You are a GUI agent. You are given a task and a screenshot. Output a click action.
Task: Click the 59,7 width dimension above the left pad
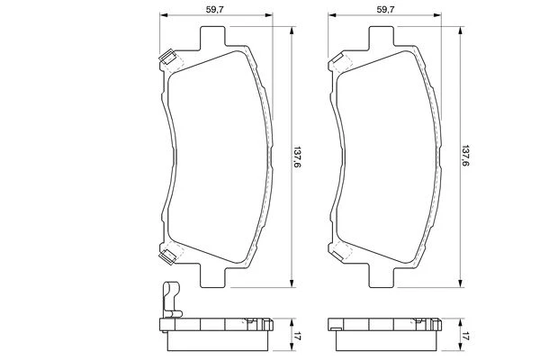[215, 9]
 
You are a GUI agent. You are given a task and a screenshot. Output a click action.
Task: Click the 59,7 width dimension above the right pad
[385, 9]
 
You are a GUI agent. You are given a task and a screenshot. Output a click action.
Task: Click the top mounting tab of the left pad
[212, 37]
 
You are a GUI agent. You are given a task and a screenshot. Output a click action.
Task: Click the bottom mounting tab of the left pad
[212, 276]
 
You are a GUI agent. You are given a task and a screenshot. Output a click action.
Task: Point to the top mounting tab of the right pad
[382, 37]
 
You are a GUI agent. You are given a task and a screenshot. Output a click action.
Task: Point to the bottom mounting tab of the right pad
[382, 276]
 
